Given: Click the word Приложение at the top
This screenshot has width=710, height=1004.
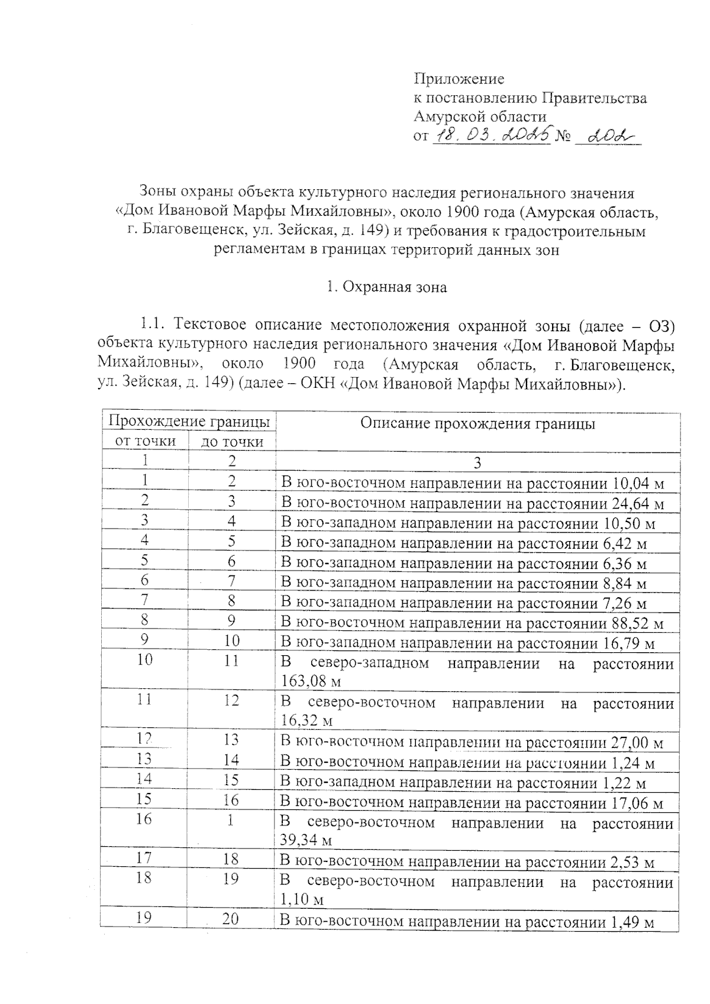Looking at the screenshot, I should (459, 79).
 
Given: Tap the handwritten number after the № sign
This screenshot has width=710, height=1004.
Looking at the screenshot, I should (606, 136).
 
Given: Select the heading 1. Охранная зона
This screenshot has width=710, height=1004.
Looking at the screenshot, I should (387, 287).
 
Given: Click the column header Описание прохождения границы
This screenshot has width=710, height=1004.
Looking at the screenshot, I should (477, 423).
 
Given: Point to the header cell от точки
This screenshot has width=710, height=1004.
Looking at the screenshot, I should (146, 441).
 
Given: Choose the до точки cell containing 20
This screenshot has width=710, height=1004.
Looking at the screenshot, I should (231, 919).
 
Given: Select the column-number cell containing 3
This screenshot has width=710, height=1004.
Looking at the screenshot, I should (477, 462).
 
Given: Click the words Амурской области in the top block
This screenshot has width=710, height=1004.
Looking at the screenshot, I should (479, 116).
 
